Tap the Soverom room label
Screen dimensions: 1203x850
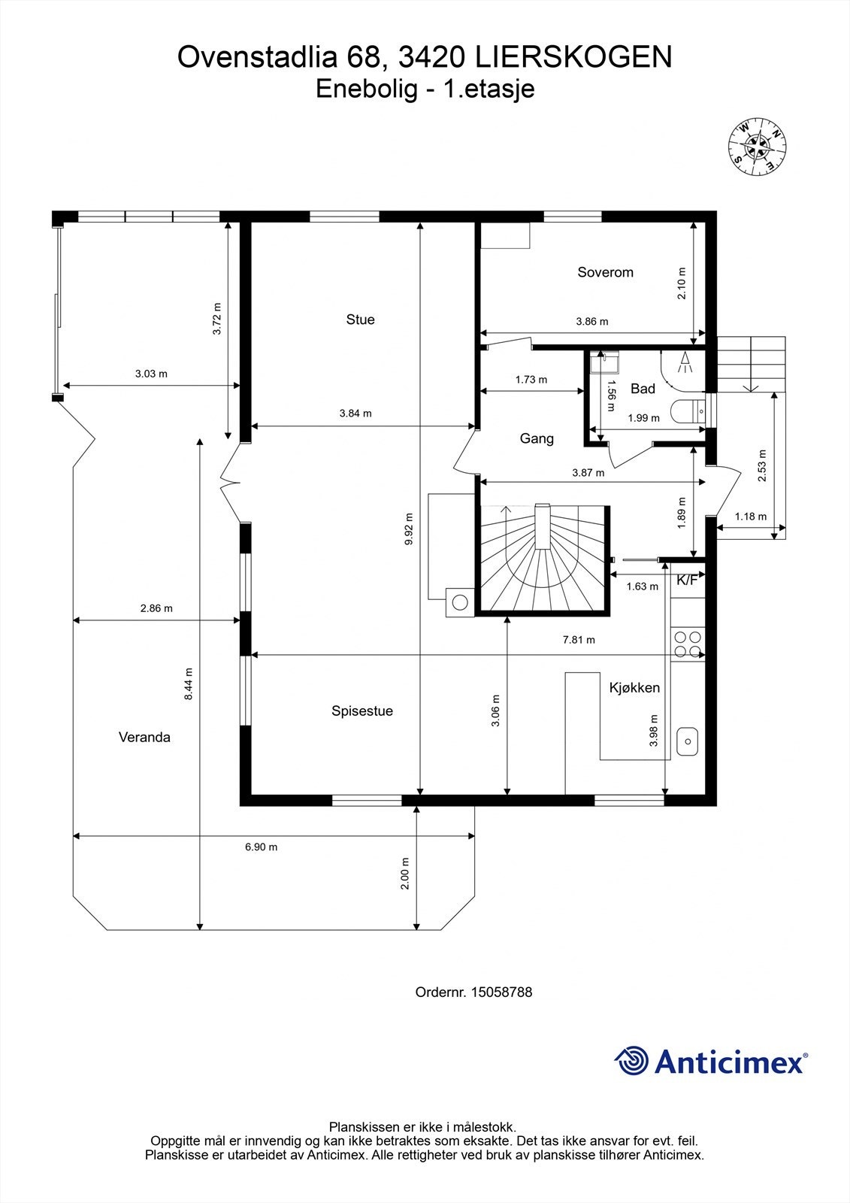pyautogui.click(x=605, y=272)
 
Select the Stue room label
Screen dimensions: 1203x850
pyautogui.click(x=360, y=320)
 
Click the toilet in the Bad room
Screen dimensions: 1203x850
pyautogui.click(x=686, y=412)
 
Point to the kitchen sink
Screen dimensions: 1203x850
pyautogui.click(x=688, y=741)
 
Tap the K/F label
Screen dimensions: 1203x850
pyautogui.click(x=687, y=580)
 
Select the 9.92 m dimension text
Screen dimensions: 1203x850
pyautogui.click(x=409, y=530)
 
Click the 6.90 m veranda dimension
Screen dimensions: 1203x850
pyautogui.click(x=261, y=847)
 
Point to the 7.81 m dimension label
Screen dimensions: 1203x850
pyautogui.click(x=579, y=640)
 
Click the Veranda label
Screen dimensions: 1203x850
pyautogui.click(x=144, y=737)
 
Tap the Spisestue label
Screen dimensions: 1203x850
pyautogui.click(x=362, y=711)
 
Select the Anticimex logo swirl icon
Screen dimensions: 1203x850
pyautogui.click(x=631, y=1061)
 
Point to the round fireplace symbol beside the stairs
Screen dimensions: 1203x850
pyautogui.click(x=459, y=601)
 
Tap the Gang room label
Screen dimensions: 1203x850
pyautogui.click(x=537, y=438)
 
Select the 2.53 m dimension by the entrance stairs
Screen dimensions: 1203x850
pyautogui.click(x=763, y=465)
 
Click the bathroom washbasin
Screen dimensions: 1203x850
pyautogui.click(x=604, y=364)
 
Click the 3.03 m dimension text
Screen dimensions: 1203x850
pyautogui.click(x=151, y=374)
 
